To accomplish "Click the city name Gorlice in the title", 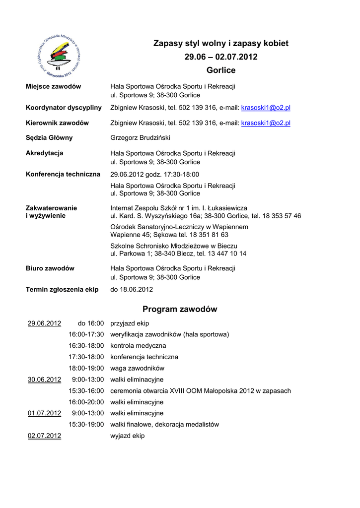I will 221,70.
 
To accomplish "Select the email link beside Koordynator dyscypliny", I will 266,108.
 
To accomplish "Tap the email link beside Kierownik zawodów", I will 266,123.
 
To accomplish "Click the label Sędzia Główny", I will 49,138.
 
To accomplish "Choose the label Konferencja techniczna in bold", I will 63,174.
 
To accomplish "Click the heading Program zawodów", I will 180,310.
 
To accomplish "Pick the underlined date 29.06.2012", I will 44,323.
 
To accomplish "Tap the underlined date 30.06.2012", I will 44,380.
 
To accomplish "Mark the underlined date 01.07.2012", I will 44,413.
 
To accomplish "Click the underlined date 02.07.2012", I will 44,436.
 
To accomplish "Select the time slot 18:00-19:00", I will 86,368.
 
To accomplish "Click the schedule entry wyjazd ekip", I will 127,436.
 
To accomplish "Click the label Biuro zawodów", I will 50,268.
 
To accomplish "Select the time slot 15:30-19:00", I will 86,425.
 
